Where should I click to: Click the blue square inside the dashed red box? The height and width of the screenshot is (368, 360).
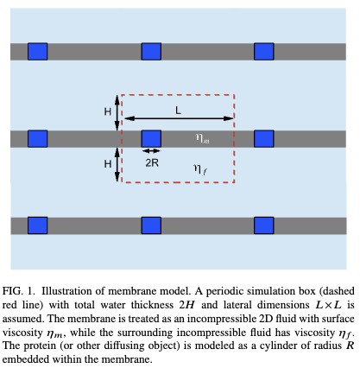coord(151,139)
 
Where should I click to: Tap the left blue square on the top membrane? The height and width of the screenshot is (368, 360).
coord(38,52)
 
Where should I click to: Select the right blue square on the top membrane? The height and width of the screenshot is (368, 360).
coord(264,52)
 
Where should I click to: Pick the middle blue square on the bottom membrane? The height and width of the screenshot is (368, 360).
coord(151,225)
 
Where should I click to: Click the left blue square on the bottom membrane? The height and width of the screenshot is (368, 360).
coord(38,225)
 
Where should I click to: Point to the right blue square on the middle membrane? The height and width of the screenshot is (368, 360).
coord(264,139)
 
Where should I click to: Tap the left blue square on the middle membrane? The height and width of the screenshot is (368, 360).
coord(38,139)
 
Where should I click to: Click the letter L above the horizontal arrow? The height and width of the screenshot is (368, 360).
coord(179,110)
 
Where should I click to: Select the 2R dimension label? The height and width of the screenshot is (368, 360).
coord(152,163)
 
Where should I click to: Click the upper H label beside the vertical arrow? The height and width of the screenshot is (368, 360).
coord(108,111)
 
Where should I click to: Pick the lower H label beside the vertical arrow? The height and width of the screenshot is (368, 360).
coord(108,164)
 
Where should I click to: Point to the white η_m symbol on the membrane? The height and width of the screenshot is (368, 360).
coord(202,138)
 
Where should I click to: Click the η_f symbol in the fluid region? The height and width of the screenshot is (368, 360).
coord(200,169)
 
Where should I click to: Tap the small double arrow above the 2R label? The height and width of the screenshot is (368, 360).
coord(152,151)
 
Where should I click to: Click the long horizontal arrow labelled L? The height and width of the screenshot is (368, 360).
coord(180,118)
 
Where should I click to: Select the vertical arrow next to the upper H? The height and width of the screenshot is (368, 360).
coord(117,113)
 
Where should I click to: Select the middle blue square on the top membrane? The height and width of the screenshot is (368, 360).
coord(151,52)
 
